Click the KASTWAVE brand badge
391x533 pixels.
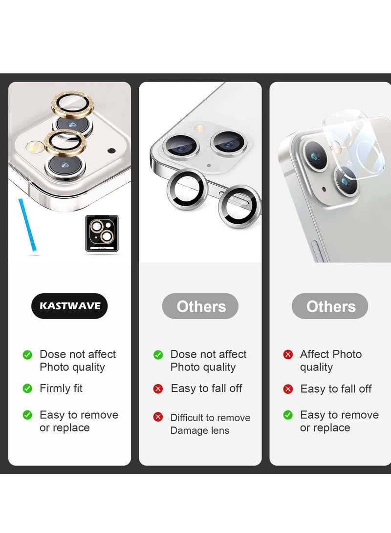[x=69, y=306]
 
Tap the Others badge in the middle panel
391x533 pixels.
[x=200, y=306]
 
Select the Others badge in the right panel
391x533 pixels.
[x=330, y=306]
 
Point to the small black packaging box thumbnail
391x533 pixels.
[x=102, y=234]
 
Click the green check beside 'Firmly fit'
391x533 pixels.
[x=27, y=388]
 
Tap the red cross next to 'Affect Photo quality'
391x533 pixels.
[x=288, y=355]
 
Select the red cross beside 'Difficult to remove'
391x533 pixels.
[x=158, y=417]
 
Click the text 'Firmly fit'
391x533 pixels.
[x=61, y=388]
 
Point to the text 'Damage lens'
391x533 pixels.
[x=199, y=430]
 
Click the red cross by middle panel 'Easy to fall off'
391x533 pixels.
[x=158, y=388]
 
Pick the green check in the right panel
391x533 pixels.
[x=288, y=415]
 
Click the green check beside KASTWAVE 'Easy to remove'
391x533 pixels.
[x=27, y=415]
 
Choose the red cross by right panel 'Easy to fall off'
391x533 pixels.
[x=288, y=389]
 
